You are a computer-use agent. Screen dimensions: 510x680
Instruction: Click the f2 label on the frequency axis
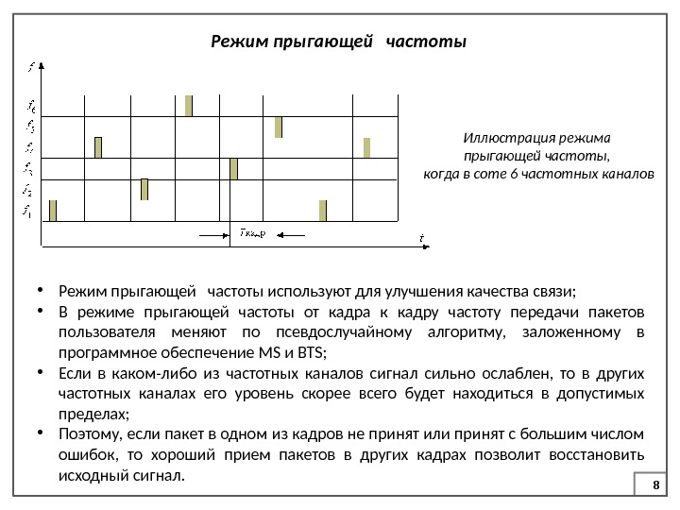point(29,192)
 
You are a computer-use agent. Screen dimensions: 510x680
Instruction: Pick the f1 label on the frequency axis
point(29,212)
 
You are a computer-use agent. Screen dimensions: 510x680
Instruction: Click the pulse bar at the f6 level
point(189,105)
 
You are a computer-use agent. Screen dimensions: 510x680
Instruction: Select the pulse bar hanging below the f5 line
point(279,127)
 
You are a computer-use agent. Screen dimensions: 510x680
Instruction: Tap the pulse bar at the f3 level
point(234,168)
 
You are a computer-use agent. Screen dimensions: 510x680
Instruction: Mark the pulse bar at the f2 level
point(144,189)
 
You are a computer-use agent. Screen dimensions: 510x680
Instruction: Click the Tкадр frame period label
point(252,231)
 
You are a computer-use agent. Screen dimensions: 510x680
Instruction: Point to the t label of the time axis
point(421,237)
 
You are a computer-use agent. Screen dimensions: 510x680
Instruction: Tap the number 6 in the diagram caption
point(526,175)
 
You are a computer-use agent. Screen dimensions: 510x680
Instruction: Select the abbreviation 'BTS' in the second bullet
point(309,353)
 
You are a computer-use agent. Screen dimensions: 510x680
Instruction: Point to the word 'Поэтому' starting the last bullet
point(85,435)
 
